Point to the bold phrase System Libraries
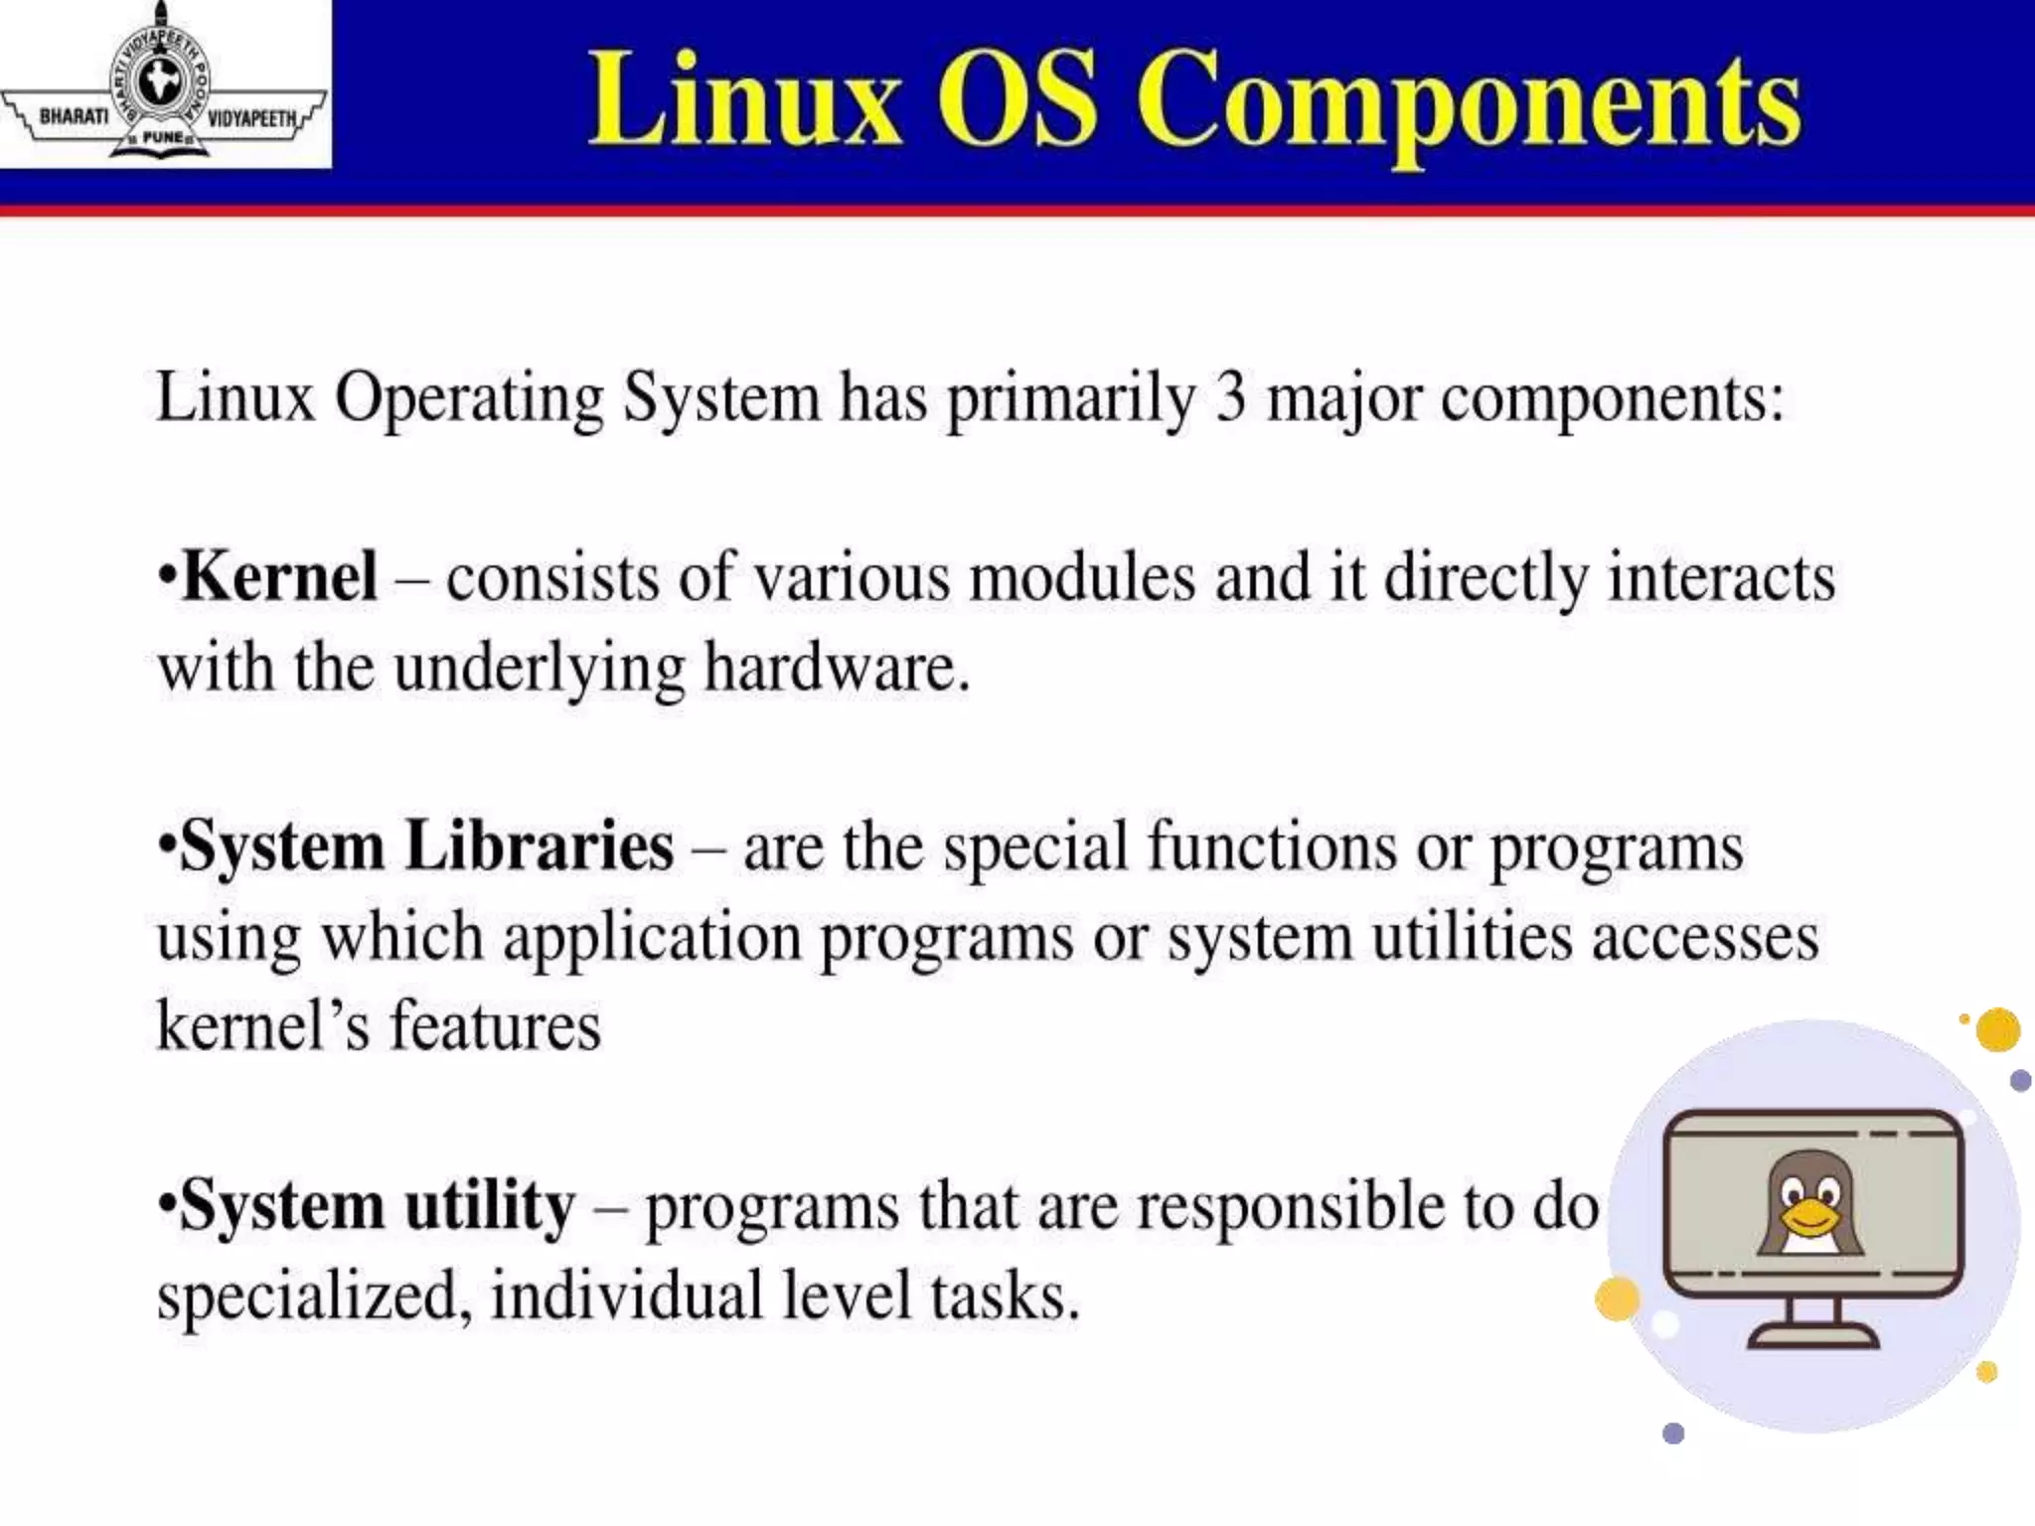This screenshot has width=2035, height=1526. (x=427, y=846)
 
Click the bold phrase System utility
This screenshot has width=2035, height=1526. (x=378, y=1205)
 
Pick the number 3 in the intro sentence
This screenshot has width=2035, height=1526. (x=1230, y=397)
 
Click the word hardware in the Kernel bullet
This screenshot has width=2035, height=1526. (x=836, y=667)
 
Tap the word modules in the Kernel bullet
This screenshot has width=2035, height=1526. (x=1082, y=577)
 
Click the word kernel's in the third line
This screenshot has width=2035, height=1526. (x=262, y=1026)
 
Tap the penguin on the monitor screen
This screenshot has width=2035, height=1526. (x=1810, y=1202)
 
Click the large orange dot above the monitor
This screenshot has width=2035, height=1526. (x=1997, y=1029)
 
